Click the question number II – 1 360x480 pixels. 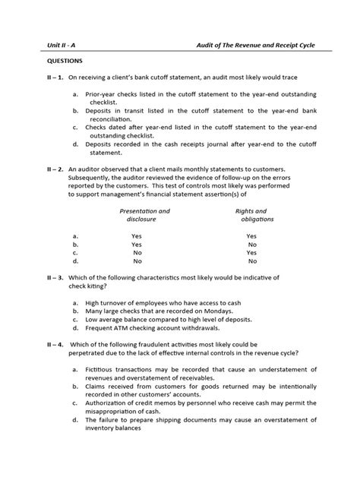point(36,77)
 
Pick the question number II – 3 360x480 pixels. point(36,278)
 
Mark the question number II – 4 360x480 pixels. point(36,344)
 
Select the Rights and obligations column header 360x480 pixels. point(251,215)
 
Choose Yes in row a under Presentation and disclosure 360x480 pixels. point(136,236)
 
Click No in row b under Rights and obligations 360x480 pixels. point(251,246)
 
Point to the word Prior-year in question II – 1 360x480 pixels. point(102,95)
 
